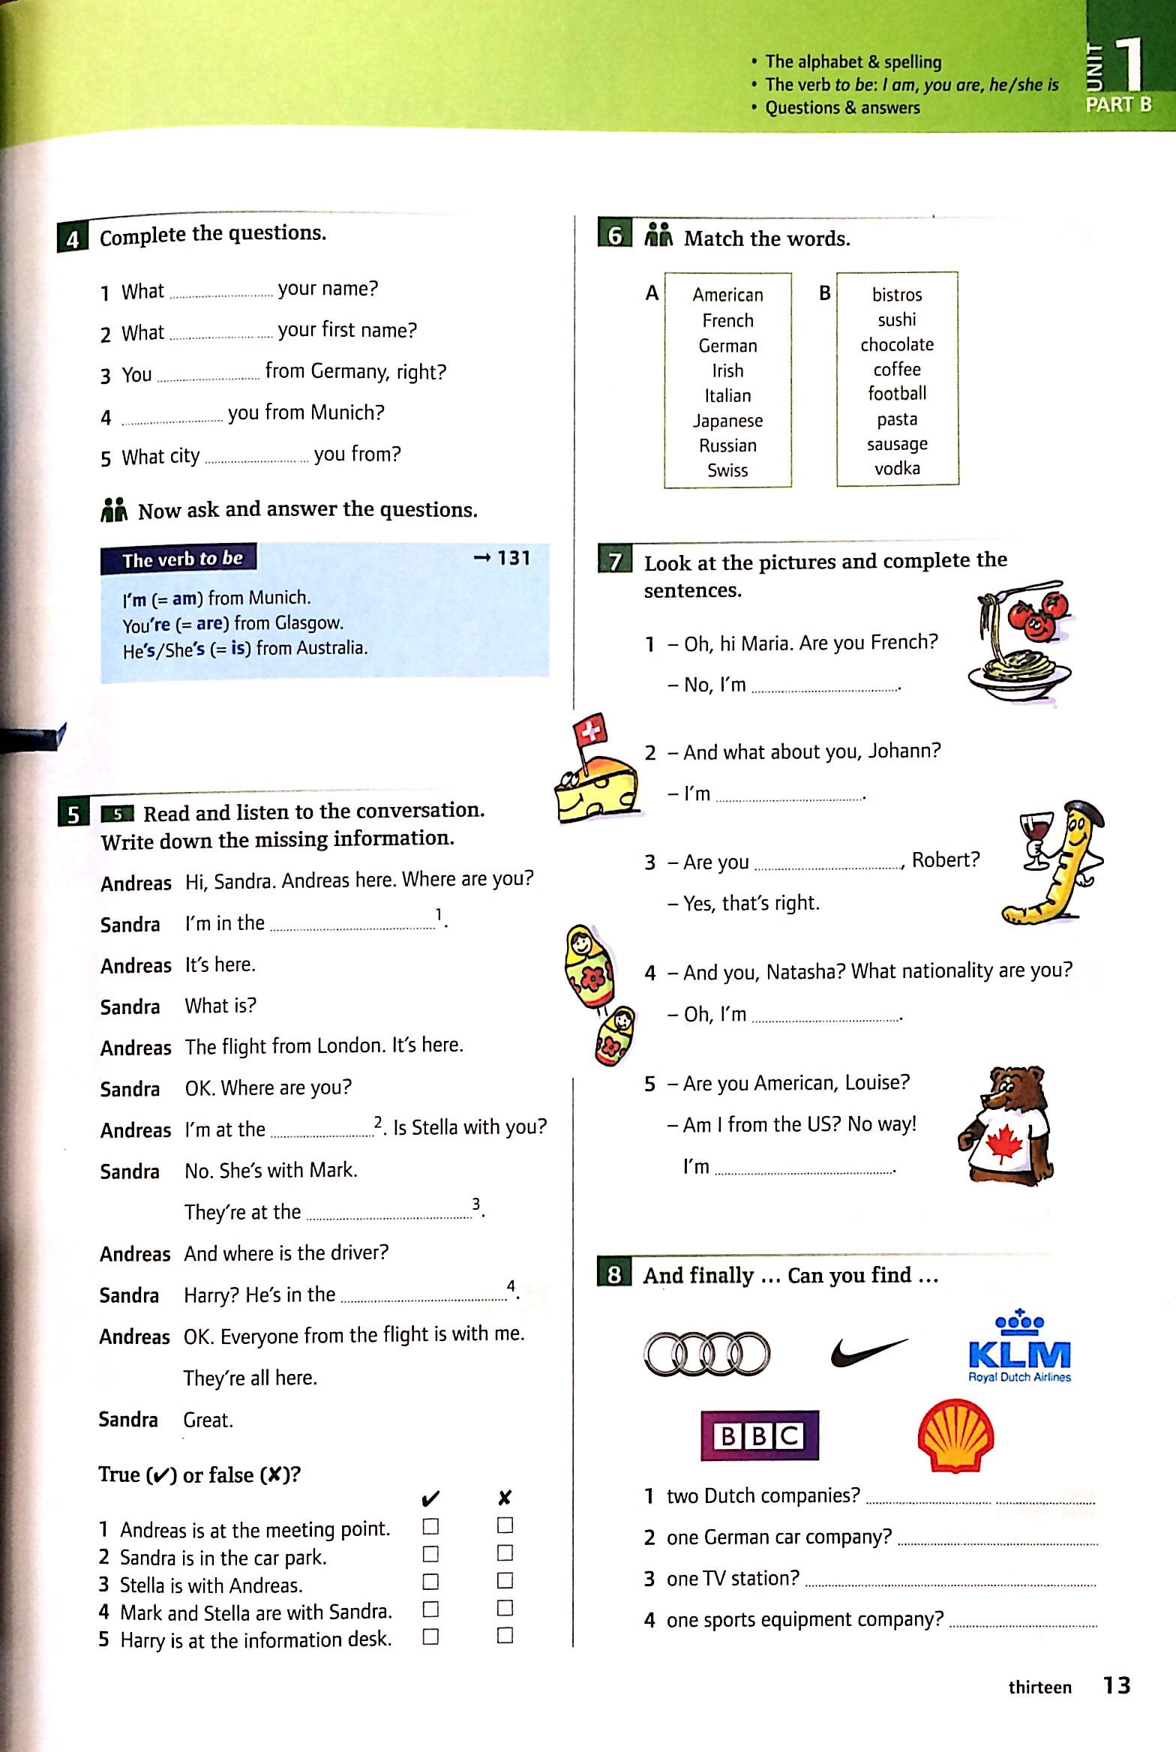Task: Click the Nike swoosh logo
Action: [868, 1352]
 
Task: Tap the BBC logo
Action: [759, 1435]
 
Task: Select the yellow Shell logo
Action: [956, 1435]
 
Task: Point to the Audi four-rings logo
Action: [706, 1354]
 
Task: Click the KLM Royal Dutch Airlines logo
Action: [1019, 1350]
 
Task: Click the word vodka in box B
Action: [897, 469]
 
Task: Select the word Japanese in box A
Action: [727, 421]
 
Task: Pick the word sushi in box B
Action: [897, 320]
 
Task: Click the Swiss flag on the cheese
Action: [589, 730]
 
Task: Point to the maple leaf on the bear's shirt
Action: [1004, 1144]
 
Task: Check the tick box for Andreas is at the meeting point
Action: [430, 1526]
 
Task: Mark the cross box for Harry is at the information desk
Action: [505, 1636]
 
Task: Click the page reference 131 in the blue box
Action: [513, 558]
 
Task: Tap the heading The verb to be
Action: [182, 559]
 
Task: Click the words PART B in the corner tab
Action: [1118, 105]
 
